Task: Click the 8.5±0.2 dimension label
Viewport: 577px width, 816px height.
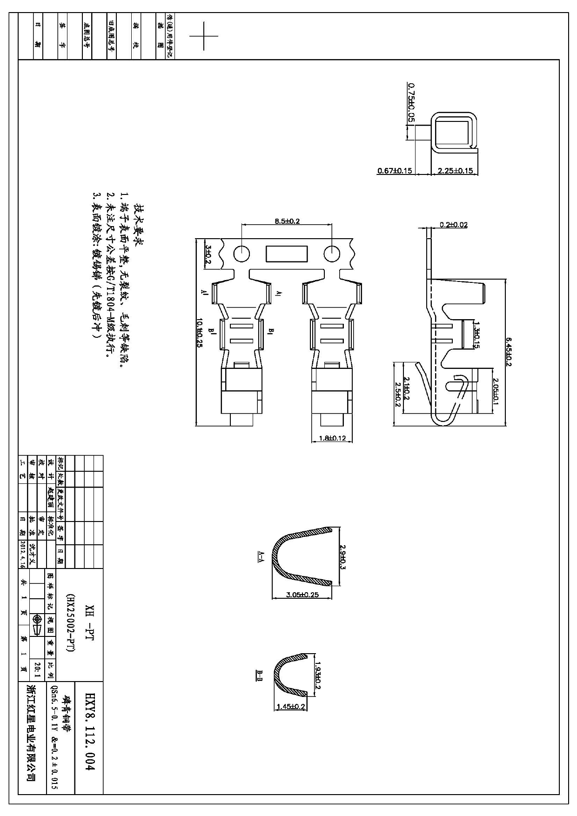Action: (x=287, y=221)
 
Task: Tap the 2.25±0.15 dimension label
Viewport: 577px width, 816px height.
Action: (x=455, y=171)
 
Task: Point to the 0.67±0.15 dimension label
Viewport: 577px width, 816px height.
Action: (x=395, y=171)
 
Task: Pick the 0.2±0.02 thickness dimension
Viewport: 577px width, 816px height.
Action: (x=454, y=225)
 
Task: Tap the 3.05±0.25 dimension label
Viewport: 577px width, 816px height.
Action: (x=302, y=594)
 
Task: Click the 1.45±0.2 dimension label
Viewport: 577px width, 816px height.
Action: (x=291, y=706)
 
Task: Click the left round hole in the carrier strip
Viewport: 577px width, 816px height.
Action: (x=242, y=254)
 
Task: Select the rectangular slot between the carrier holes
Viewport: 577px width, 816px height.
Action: (x=287, y=254)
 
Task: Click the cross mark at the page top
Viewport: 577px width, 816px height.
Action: (x=204, y=36)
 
